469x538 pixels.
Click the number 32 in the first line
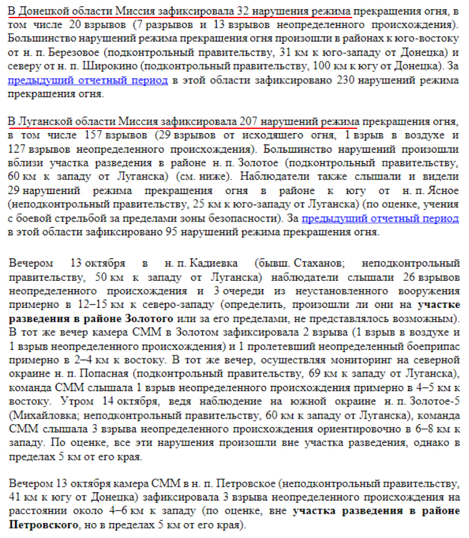tap(245, 11)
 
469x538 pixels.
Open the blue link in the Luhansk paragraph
tap(380, 218)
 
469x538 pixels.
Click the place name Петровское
tap(244, 485)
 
